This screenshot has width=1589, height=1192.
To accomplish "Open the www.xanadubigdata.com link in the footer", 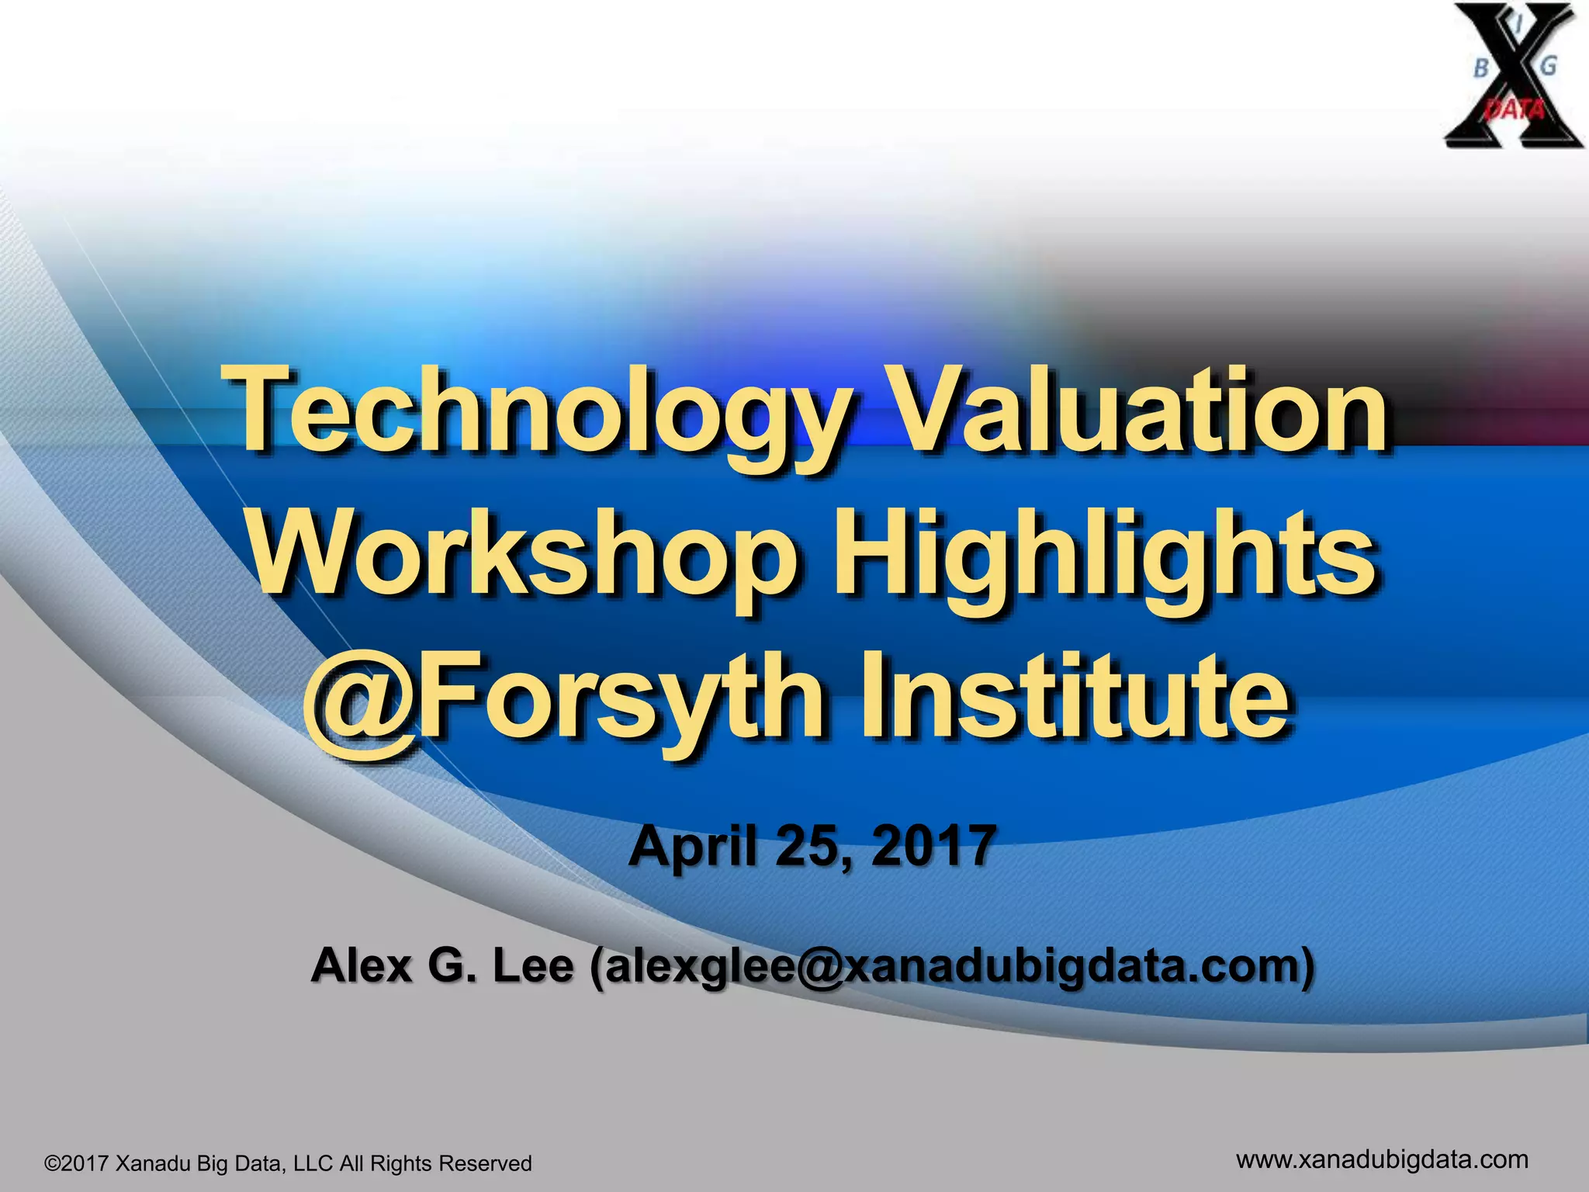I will pos(1382,1159).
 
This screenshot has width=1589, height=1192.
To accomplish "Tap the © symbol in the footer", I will pos(53,1164).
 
